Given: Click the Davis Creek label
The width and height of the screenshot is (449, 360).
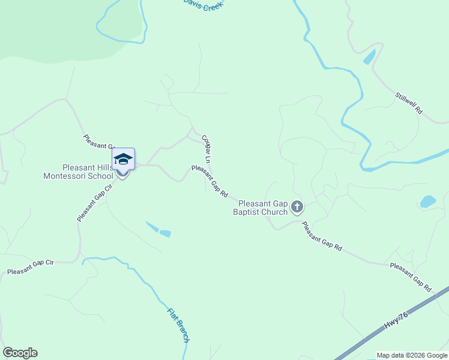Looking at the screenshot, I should tap(203, 5).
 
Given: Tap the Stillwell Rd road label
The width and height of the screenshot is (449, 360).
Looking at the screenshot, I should tap(409, 103).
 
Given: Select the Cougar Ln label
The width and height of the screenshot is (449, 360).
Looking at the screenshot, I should tap(206, 149).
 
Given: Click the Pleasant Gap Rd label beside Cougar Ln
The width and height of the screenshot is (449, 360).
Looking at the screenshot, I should tap(209, 182).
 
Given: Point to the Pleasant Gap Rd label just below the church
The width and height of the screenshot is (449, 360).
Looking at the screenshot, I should tap(322, 236).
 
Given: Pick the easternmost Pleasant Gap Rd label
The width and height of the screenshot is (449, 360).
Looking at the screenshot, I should tap(411, 277).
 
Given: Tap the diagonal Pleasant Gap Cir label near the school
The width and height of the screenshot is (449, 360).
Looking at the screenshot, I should tap(95, 203).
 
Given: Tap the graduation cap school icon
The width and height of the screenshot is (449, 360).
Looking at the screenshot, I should tap(123, 159).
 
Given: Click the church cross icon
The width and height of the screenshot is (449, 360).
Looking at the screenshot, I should tap(297, 208).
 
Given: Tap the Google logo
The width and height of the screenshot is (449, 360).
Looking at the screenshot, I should tap(20, 353).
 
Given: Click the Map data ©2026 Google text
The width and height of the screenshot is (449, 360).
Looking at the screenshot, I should tap(412, 355).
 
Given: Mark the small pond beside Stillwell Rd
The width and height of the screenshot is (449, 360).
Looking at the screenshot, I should tap(369, 57).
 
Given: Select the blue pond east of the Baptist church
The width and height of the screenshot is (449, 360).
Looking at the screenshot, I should tap(428, 202).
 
